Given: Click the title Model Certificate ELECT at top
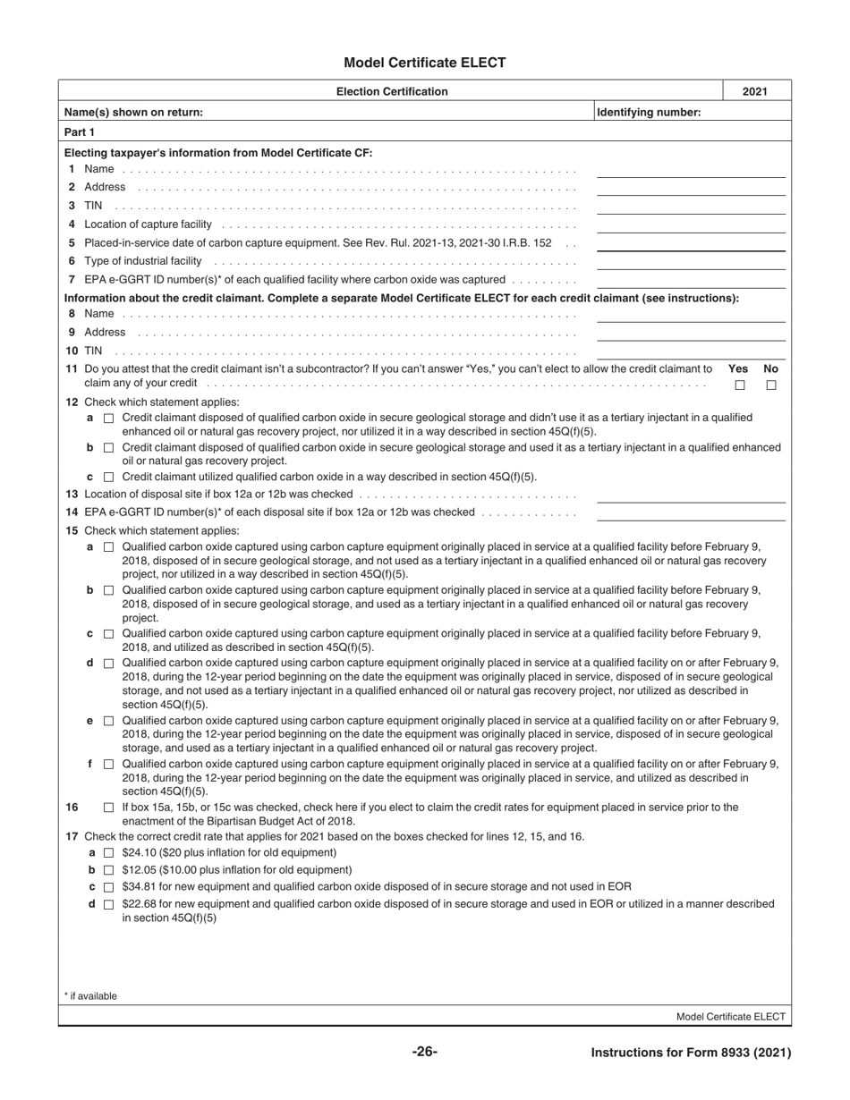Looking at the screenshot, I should (424, 63).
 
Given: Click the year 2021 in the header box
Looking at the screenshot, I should (757, 91).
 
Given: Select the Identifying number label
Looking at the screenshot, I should (649, 112).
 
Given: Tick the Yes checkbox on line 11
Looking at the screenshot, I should (740, 385).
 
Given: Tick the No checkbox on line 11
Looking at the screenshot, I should (771, 385).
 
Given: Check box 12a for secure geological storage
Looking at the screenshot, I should (109, 419).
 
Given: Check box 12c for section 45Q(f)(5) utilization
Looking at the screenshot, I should (109, 477).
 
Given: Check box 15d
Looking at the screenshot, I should (109, 664).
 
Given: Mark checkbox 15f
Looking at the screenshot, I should (109, 765).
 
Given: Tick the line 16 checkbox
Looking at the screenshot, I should (109, 808).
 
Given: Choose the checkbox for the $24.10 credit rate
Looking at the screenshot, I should (109, 853).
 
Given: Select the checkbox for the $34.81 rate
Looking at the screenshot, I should (109, 887).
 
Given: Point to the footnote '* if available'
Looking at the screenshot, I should (90, 996).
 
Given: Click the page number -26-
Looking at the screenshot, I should (425, 1052).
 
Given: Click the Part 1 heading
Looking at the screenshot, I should (80, 131).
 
